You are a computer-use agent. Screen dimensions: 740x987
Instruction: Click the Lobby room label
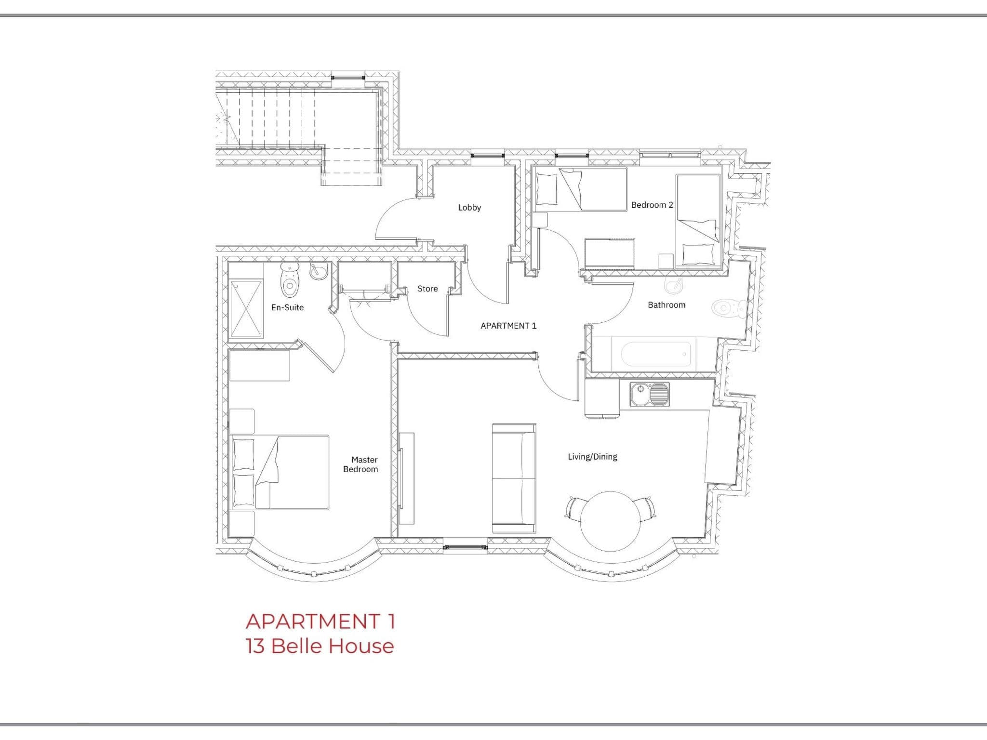[469, 208]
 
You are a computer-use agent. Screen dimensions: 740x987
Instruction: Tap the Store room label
[427, 289]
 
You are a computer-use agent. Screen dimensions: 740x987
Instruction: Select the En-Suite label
[287, 307]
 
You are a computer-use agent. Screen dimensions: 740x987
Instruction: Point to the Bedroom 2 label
[652, 205]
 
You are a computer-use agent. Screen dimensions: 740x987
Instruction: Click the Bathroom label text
[666, 305]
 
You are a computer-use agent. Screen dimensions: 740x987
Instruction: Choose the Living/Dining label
[592, 457]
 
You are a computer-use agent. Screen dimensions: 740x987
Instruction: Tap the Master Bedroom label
[361, 464]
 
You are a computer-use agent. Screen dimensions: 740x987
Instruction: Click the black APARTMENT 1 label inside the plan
[508, 326]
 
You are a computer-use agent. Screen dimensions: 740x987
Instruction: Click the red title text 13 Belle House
[320, 646]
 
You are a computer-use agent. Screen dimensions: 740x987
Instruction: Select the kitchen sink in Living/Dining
[649, 394]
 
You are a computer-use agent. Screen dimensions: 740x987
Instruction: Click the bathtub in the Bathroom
[655, 354]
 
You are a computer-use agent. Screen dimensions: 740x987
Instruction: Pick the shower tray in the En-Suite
[246, 309]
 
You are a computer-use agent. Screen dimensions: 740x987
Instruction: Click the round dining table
[610, 521]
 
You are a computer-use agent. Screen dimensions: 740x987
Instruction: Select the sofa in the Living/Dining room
[514, 478]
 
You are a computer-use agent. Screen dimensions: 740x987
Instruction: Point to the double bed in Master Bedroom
[280, 472]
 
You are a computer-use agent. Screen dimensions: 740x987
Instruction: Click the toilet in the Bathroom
[727, 308]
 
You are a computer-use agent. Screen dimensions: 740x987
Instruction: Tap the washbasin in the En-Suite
[319, 271]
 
